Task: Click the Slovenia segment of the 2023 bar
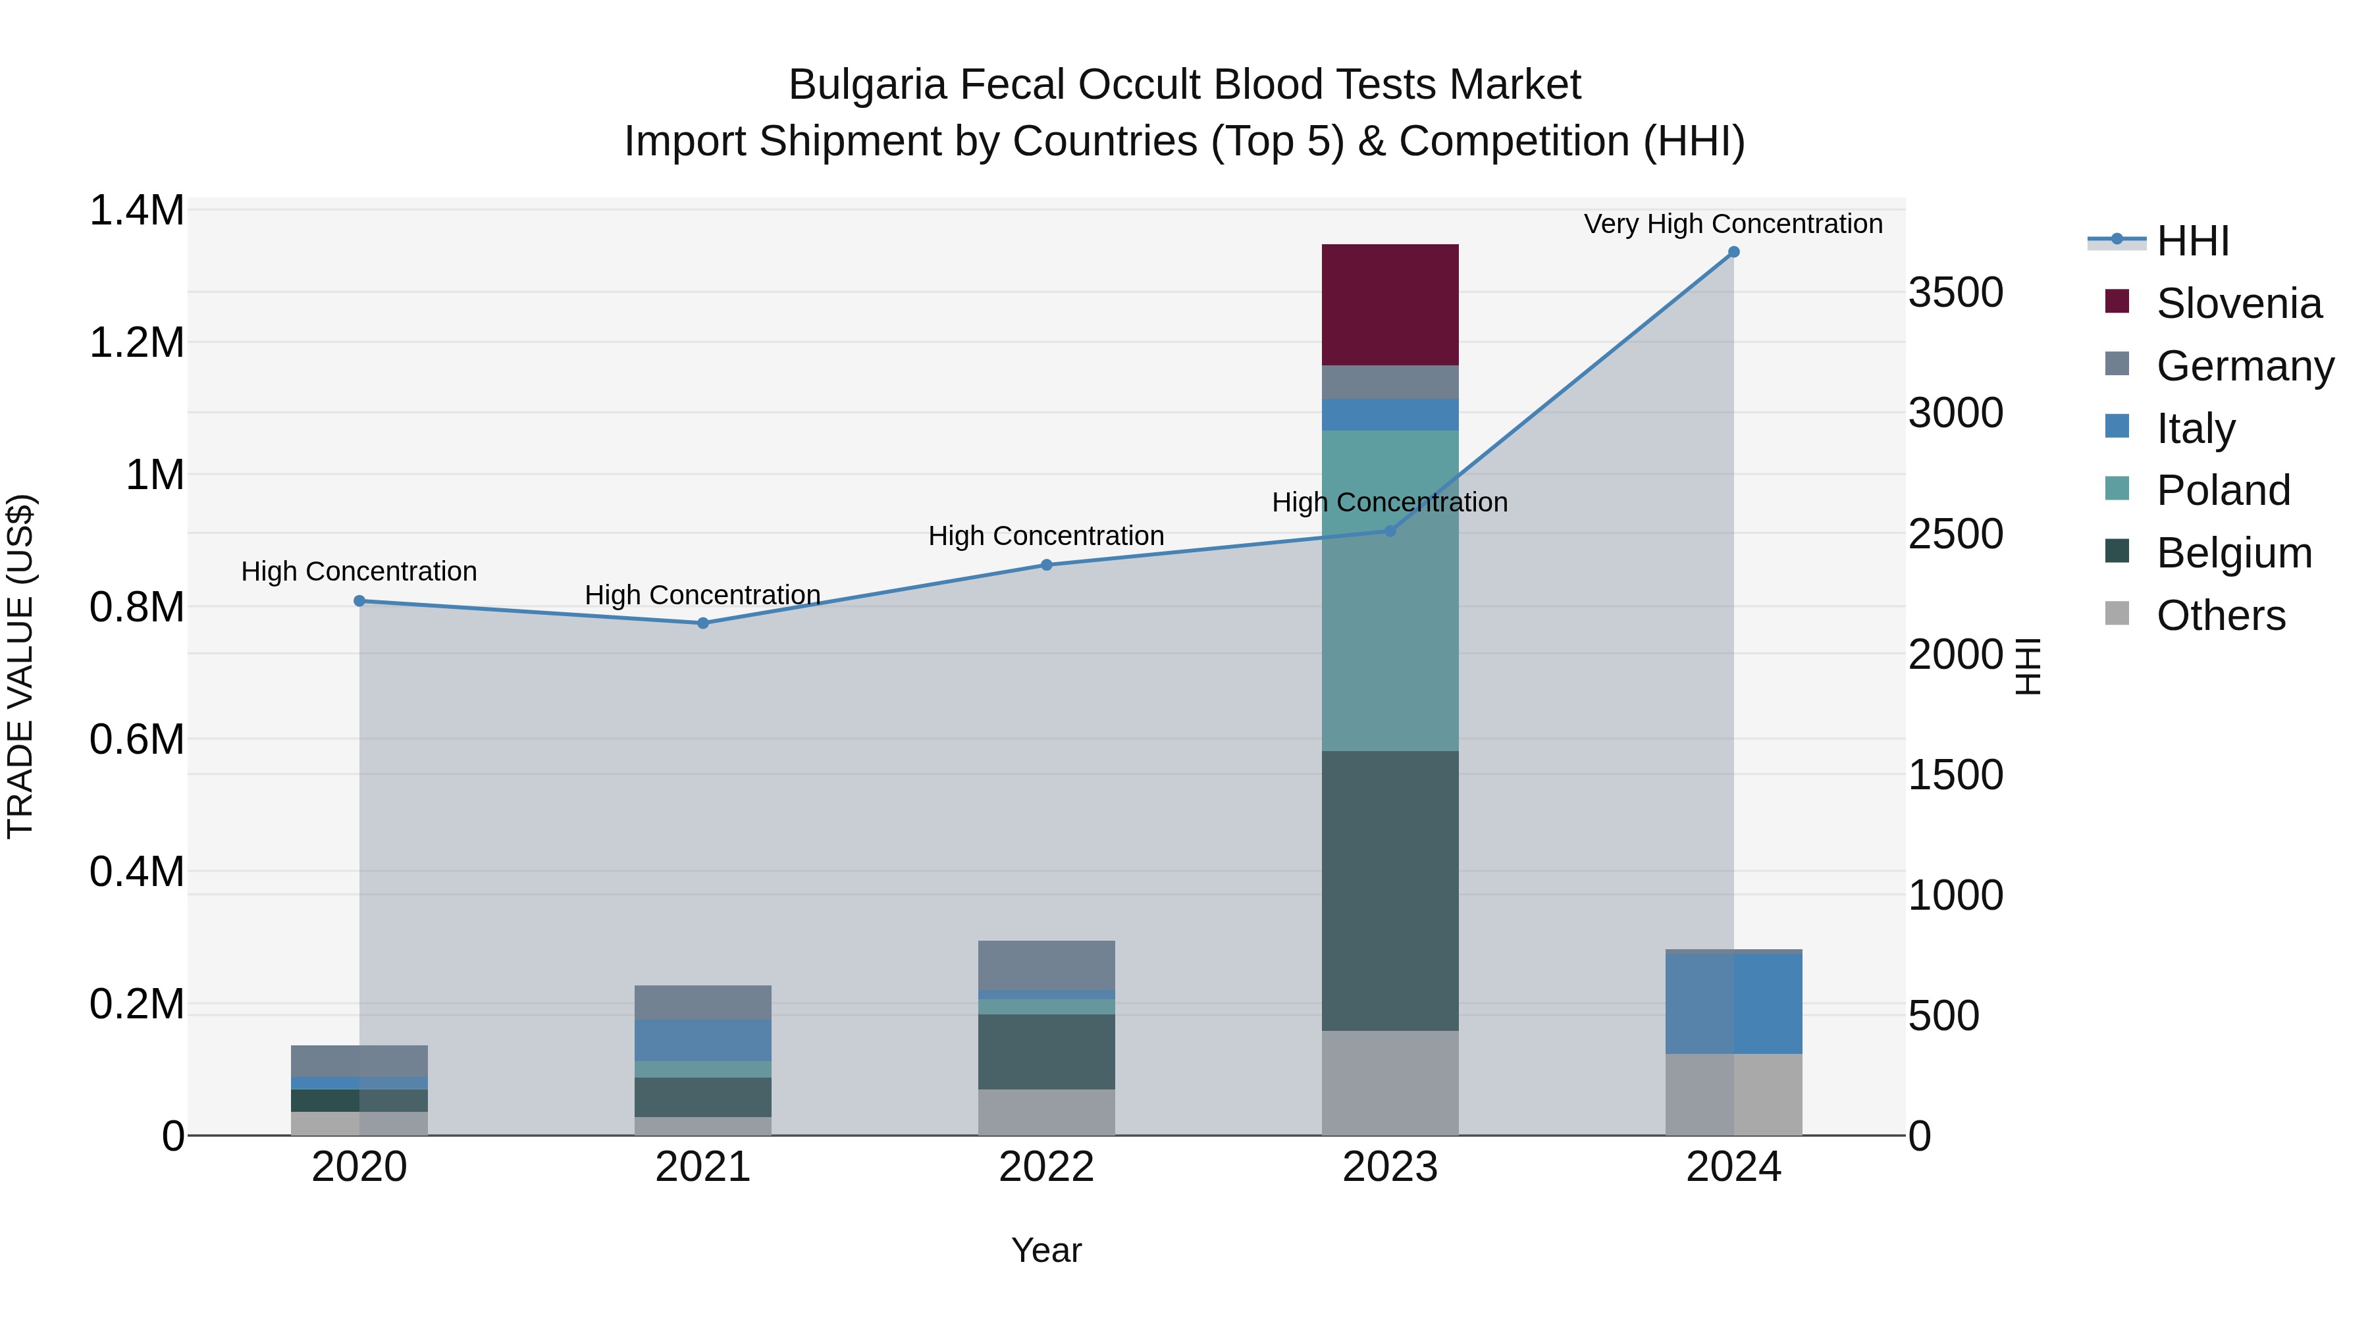click(x=1389, y=305)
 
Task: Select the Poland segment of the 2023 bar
click(x=1389, y=590)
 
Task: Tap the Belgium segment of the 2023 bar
click(x=1389, y=891)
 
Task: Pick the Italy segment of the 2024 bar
click(x=1733, y=1004)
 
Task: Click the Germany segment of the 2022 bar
click(x=1046, y=965)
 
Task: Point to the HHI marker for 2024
click(x=1733, y=252)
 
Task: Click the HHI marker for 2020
click(x=359, y=601)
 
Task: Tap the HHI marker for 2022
click(x=1046, y=565)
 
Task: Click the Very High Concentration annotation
click(x=1733, y=224)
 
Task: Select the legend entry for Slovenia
click(x=2238, y=303)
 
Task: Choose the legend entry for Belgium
click(x=2233, y=553)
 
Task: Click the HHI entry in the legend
click(x=2192, y=241)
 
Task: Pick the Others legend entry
click(x=2220, y=615)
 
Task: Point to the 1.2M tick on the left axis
click(x=137, y=343)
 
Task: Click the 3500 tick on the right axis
click(x=1955, y=292)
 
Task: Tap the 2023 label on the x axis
click(x=1389, y=1166)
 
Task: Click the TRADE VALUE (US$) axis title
click(x=20, y=666)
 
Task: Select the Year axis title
click(x=1046, y=1250)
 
